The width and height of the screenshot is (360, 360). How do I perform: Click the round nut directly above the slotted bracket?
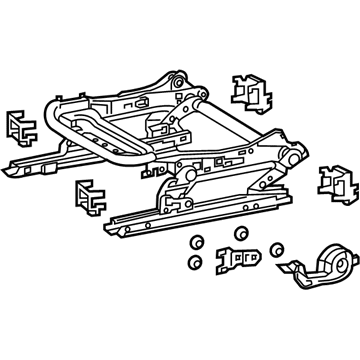pos(240,233)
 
